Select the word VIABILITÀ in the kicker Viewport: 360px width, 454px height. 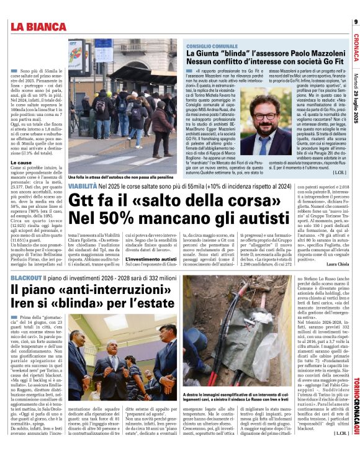[x=82, y=186]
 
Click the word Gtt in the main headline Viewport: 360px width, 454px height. [x=86, y=202]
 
